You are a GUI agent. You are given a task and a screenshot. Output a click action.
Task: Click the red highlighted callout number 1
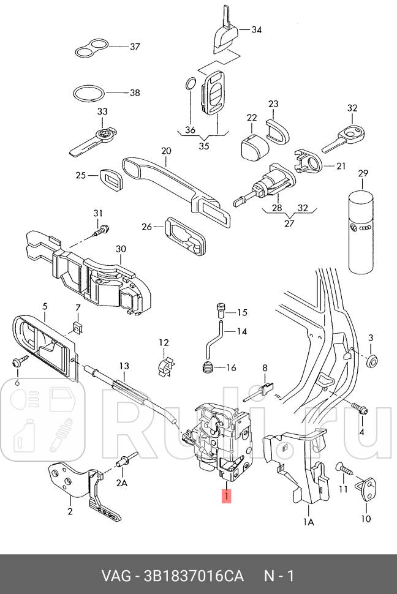point(226,495)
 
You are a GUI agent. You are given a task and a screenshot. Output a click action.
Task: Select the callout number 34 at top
point(256,29)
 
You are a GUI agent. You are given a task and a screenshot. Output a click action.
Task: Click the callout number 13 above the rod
point(124,366)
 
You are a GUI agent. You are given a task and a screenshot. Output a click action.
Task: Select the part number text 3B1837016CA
point(194,576)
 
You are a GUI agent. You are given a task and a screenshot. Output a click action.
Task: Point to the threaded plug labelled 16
point(207,369)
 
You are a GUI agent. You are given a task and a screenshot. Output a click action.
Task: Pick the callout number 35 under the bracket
point(204,146)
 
